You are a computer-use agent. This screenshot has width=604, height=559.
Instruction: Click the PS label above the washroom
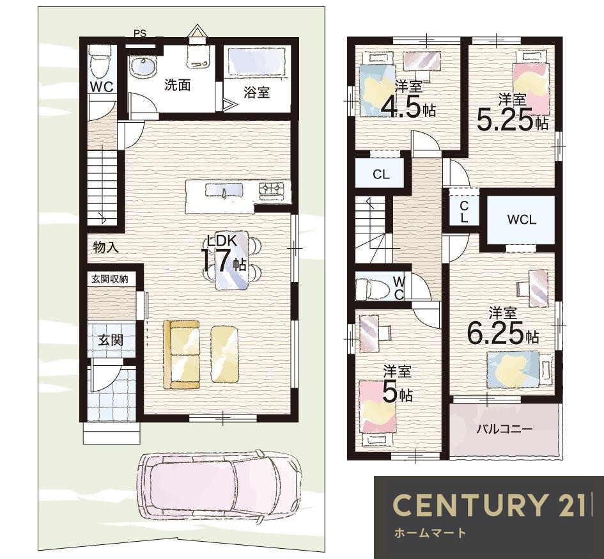tap(140, 33)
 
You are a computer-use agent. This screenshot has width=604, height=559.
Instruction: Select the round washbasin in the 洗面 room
tap(143, 67)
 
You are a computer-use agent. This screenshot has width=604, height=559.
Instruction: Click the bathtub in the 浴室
tap(257, 61)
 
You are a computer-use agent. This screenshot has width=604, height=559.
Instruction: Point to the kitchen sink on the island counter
tap(224, 191)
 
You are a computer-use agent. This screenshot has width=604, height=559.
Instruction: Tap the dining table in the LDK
tap(231, 260)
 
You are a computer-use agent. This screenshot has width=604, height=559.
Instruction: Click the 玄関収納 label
tap(110, 279)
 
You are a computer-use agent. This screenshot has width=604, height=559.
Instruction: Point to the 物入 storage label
tap(106, 248)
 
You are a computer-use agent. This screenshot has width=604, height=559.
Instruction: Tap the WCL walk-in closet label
tap(522, 220)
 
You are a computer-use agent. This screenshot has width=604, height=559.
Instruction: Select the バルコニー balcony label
tap(505, 429)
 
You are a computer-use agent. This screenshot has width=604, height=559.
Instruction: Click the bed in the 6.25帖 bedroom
tap(520, 370)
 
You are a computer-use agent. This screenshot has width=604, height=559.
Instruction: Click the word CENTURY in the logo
tap(470, 505)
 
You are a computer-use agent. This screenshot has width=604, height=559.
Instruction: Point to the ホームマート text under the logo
tap(430, 533)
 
